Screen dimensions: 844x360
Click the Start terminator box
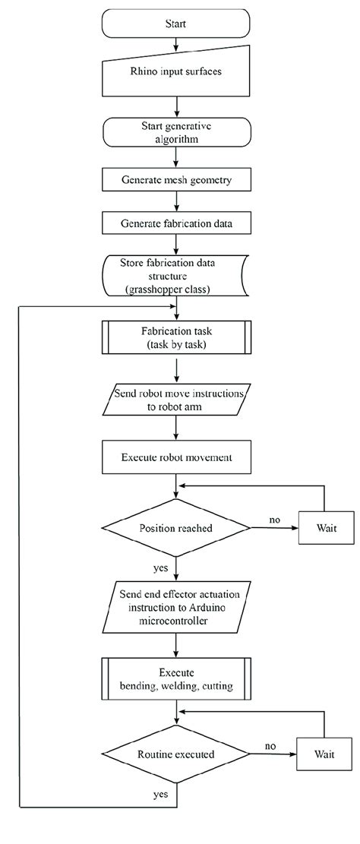pos(175,24)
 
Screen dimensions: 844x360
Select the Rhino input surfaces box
pos(175,74)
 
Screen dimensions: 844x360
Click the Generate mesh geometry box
pos(175,181)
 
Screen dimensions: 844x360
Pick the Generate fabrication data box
pos(175,223)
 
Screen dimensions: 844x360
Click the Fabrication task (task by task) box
pos(175,337)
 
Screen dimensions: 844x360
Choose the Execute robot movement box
pos(175,458)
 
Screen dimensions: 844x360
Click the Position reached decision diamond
pos(175,528)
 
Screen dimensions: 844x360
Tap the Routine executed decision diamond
pos(175,755)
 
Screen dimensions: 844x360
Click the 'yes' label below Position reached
pos(161,566)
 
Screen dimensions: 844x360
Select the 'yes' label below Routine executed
pos(161,794)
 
